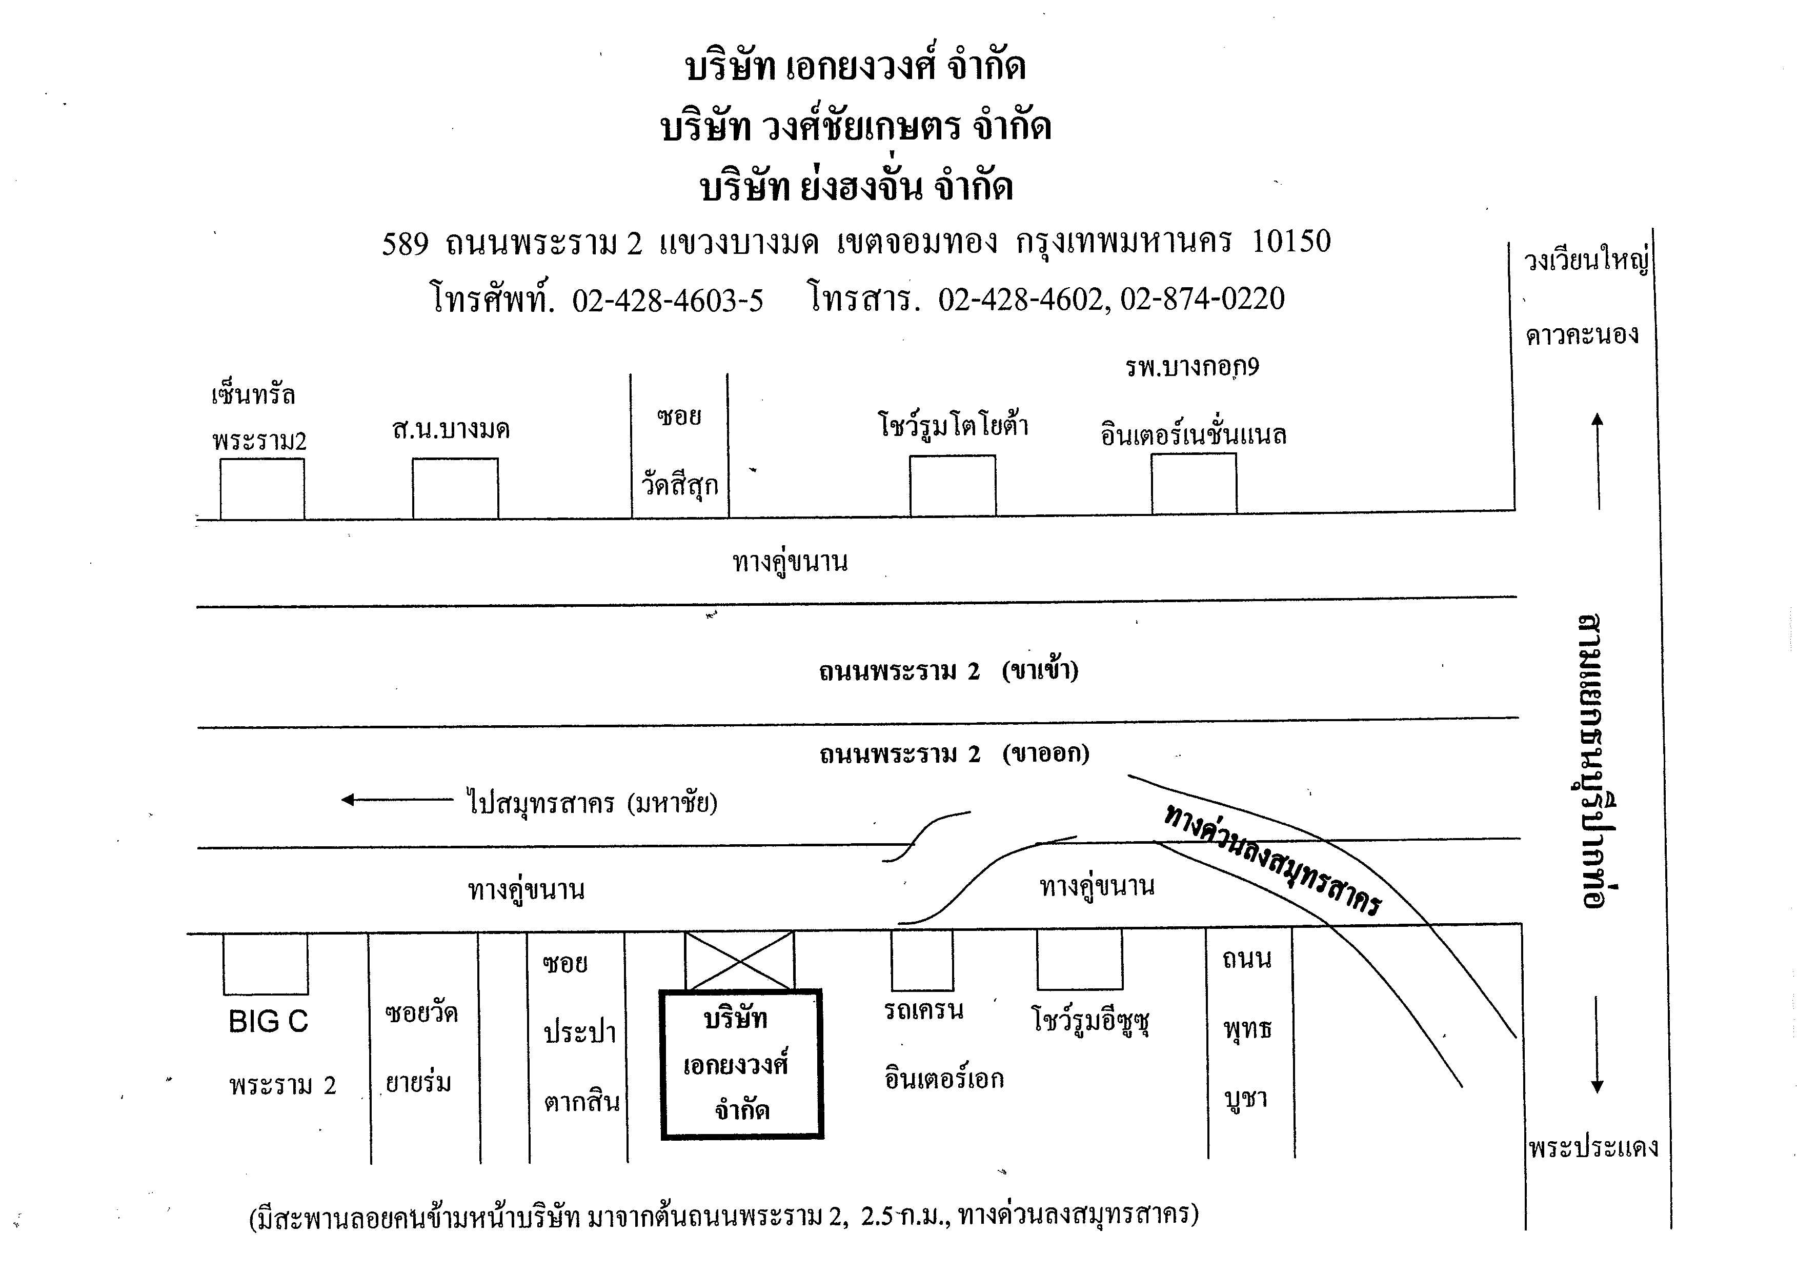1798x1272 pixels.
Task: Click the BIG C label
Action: pyautogui.click(x=269, y=1021)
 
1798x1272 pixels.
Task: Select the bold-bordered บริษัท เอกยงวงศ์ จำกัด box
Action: pyautogui.click(x=741, y=1064)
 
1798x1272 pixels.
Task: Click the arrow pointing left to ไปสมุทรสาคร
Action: pyautogui.click(x=397, y=800)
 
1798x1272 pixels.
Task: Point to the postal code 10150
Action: pyautogui.click(x=1291, y=241)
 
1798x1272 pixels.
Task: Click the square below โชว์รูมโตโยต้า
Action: pyautogui.click(x=952, y=486)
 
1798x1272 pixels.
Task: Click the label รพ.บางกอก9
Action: pyautogui.click(x=1192, y=367)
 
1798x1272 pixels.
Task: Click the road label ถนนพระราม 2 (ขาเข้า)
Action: pyautogui.click(x=948, y=671)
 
